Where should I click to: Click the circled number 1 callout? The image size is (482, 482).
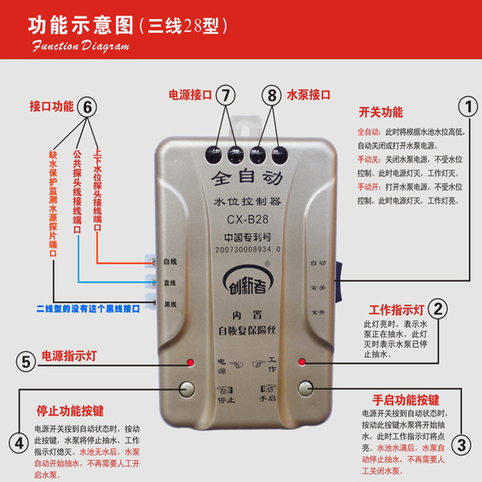coord(467,108)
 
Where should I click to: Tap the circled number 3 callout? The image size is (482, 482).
coord(462,445)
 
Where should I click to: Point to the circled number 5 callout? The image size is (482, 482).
coord(25,361)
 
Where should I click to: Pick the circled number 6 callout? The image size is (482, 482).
coord(87,107)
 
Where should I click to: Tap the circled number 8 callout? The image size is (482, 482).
coord(272,95)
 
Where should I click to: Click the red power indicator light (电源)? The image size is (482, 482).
coord(190,362)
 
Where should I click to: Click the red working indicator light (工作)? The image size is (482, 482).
coord(301,362)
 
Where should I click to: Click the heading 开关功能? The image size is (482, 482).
coord(381,113)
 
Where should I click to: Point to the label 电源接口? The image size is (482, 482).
coord(190,95)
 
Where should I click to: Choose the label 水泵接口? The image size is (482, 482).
coord(308,95)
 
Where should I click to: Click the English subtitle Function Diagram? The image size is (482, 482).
coord(81,46)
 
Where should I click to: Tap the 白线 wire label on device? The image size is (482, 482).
coord(170,262)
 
